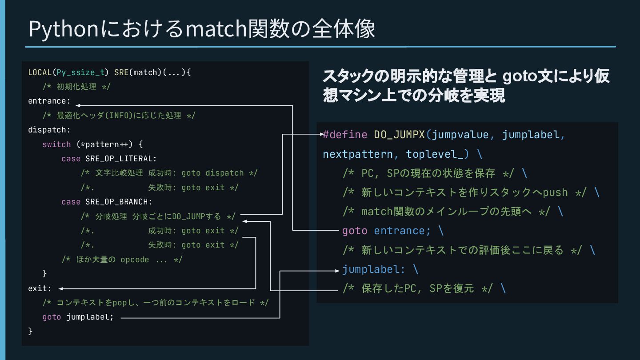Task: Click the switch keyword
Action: (56, 144)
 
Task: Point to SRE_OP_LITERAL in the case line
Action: (121, 159)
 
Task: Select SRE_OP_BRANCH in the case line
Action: (118, 202)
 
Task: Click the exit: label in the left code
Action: (40, 288)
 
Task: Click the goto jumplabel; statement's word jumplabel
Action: (90, 317)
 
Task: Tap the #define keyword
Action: (345, 135)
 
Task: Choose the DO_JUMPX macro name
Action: (399, 135)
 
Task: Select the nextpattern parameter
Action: (358, 154)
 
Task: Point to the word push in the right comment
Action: (555, 192)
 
